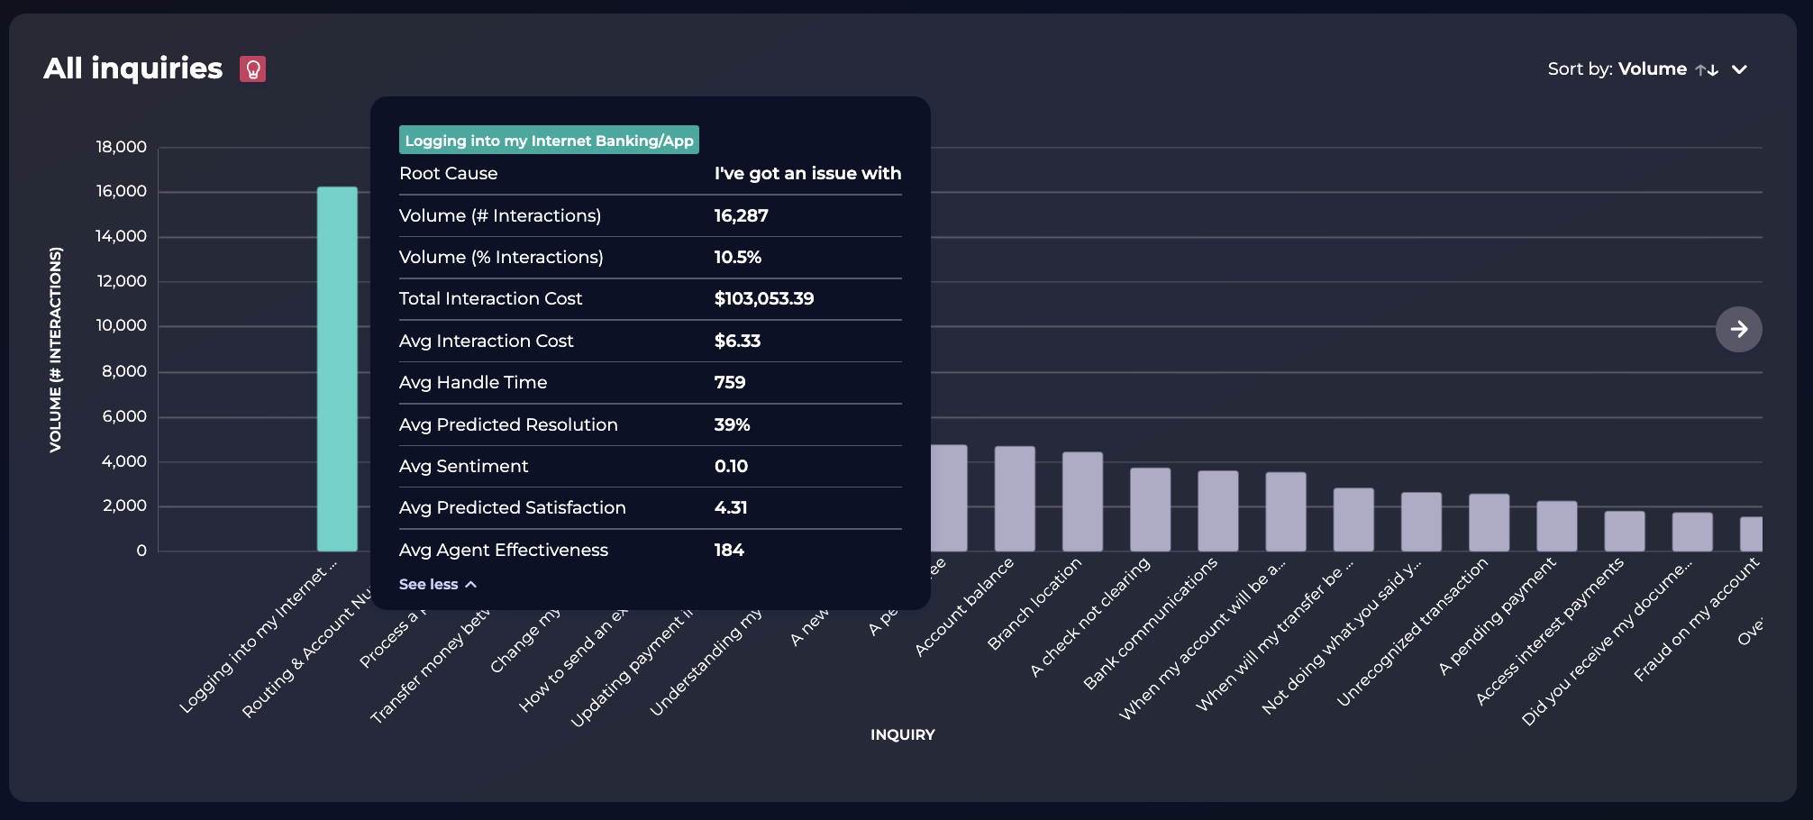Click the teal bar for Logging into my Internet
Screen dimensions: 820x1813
click(x=337, y=369)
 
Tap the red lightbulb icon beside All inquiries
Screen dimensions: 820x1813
click(x=253, y=69)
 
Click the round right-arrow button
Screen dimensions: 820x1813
click(x=1738, y=329)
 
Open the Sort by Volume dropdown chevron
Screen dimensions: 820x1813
click(x=1739, y=69)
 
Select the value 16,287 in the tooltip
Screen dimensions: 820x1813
click(x=741, y=215)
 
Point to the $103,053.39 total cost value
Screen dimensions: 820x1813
click(x=763, y=298)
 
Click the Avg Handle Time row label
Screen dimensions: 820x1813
click(x=473, y=382)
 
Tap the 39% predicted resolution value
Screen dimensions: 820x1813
click(x=732, y=424)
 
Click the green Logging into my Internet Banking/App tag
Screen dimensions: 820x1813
click(x=549, y=141)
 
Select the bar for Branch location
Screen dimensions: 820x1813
click(x=1082, y=502)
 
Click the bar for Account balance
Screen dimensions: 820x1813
click(x=1015, y=499)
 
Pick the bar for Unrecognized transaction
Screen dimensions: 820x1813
click(x=1489, y=523)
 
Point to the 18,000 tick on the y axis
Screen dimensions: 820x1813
click(x=122, y=147)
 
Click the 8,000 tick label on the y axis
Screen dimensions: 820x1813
click(x=124, y=371)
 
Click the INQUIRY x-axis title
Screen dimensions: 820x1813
click(x=902, y=734)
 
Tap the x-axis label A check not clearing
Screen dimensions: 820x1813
click(x=1091, y=617)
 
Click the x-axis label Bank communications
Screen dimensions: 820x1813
click(x=1151, y=624)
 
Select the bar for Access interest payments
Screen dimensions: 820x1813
click(x=1624, y=532)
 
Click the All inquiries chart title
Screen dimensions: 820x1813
click(x=133, y=68)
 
